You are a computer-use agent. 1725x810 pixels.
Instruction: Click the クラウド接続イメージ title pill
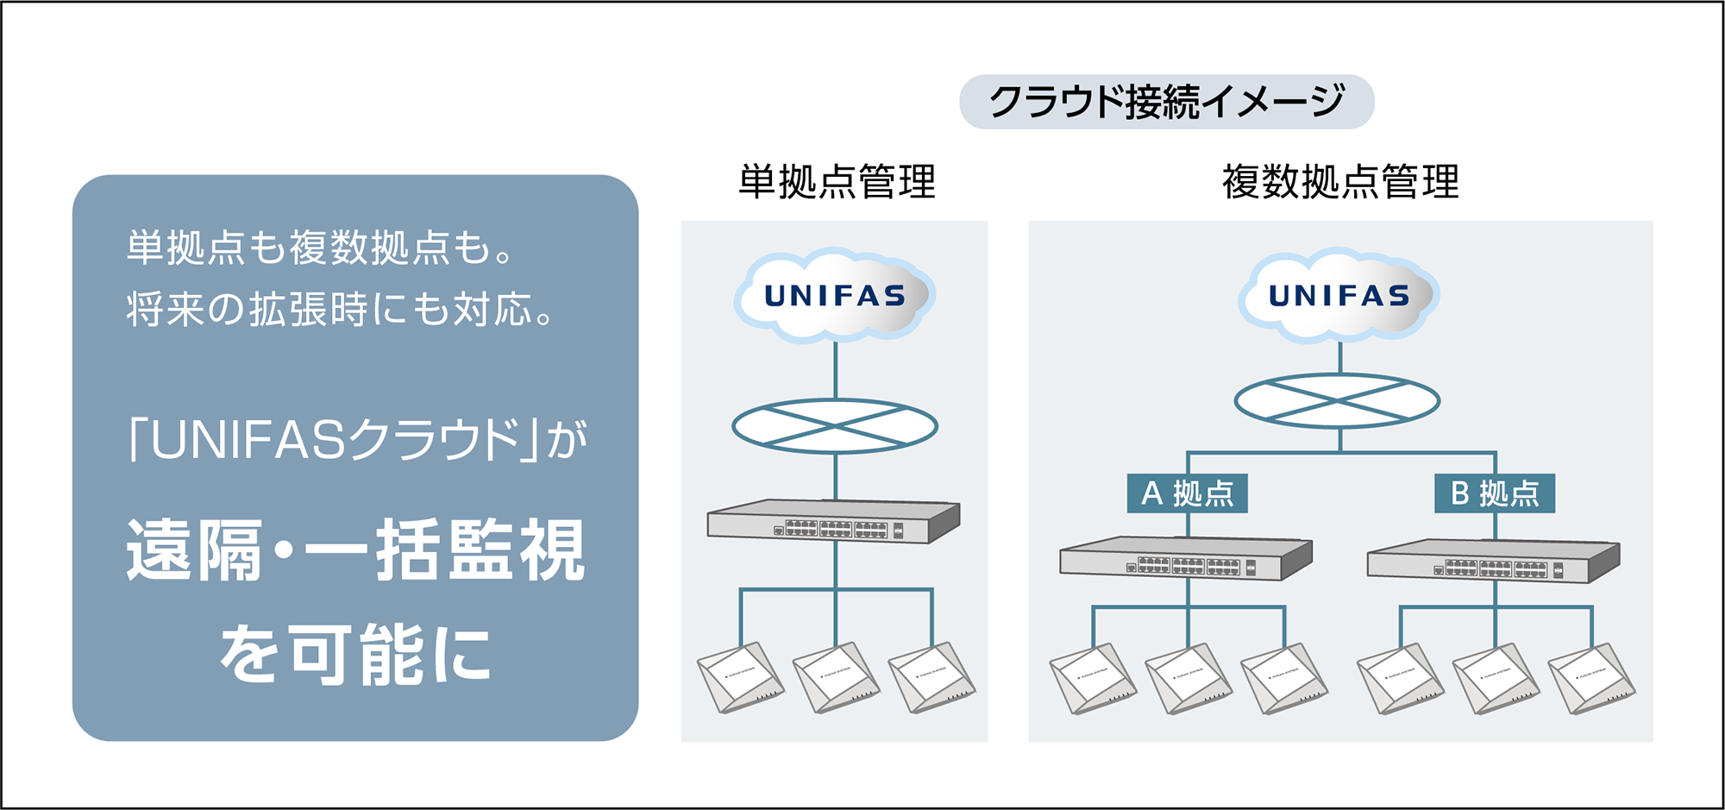[1166, 102]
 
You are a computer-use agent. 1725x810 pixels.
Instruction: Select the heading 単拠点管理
[836, 182]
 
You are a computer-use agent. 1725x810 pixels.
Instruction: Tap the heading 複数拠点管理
[1339, 182]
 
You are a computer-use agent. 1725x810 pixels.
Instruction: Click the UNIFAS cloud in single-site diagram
[835, 296]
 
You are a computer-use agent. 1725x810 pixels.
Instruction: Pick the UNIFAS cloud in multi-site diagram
[1339, 296]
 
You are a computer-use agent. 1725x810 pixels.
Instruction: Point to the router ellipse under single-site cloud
[835, 426]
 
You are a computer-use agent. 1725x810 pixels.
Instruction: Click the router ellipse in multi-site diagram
[1337, 401]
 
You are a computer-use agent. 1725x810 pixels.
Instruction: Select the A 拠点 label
[1187, 493]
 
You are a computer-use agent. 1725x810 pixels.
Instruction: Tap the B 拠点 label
[1494, 493]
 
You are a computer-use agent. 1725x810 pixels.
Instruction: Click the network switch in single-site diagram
[833, 522]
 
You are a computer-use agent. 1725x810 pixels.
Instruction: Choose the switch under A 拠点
[1186, 559]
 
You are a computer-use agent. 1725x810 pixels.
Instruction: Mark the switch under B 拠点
[1493, 562]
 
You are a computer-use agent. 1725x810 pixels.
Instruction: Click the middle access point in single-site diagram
[835, 678]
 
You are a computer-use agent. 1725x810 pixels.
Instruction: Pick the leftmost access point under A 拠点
[1092, 680]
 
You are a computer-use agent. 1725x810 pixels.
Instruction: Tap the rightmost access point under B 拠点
[1590, 680]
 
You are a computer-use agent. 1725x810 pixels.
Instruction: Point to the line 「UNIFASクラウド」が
[355, 440]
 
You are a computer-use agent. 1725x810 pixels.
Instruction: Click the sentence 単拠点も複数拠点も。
[321, 248]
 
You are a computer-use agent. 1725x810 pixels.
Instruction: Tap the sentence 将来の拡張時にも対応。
[341, 309]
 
